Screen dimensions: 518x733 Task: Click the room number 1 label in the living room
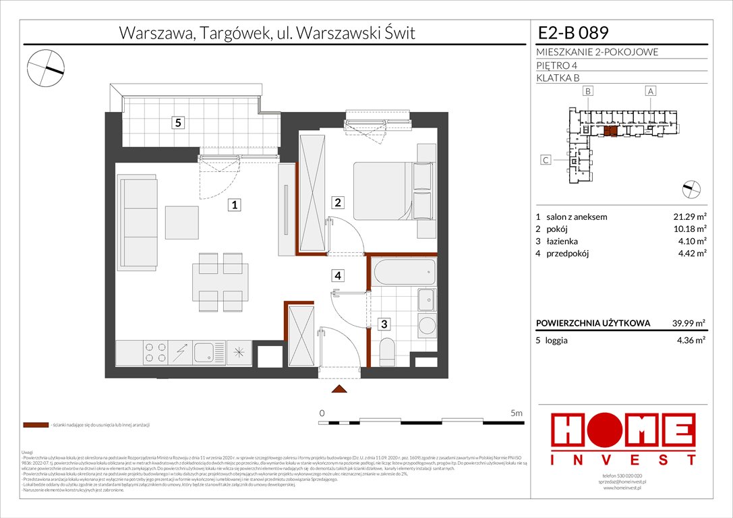coord(233,204)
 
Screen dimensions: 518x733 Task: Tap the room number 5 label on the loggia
coord(177,123)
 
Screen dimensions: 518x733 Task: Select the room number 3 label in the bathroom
coord(384,324)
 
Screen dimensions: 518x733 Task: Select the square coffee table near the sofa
coord(183,221)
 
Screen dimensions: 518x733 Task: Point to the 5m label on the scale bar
coord(517,413)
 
